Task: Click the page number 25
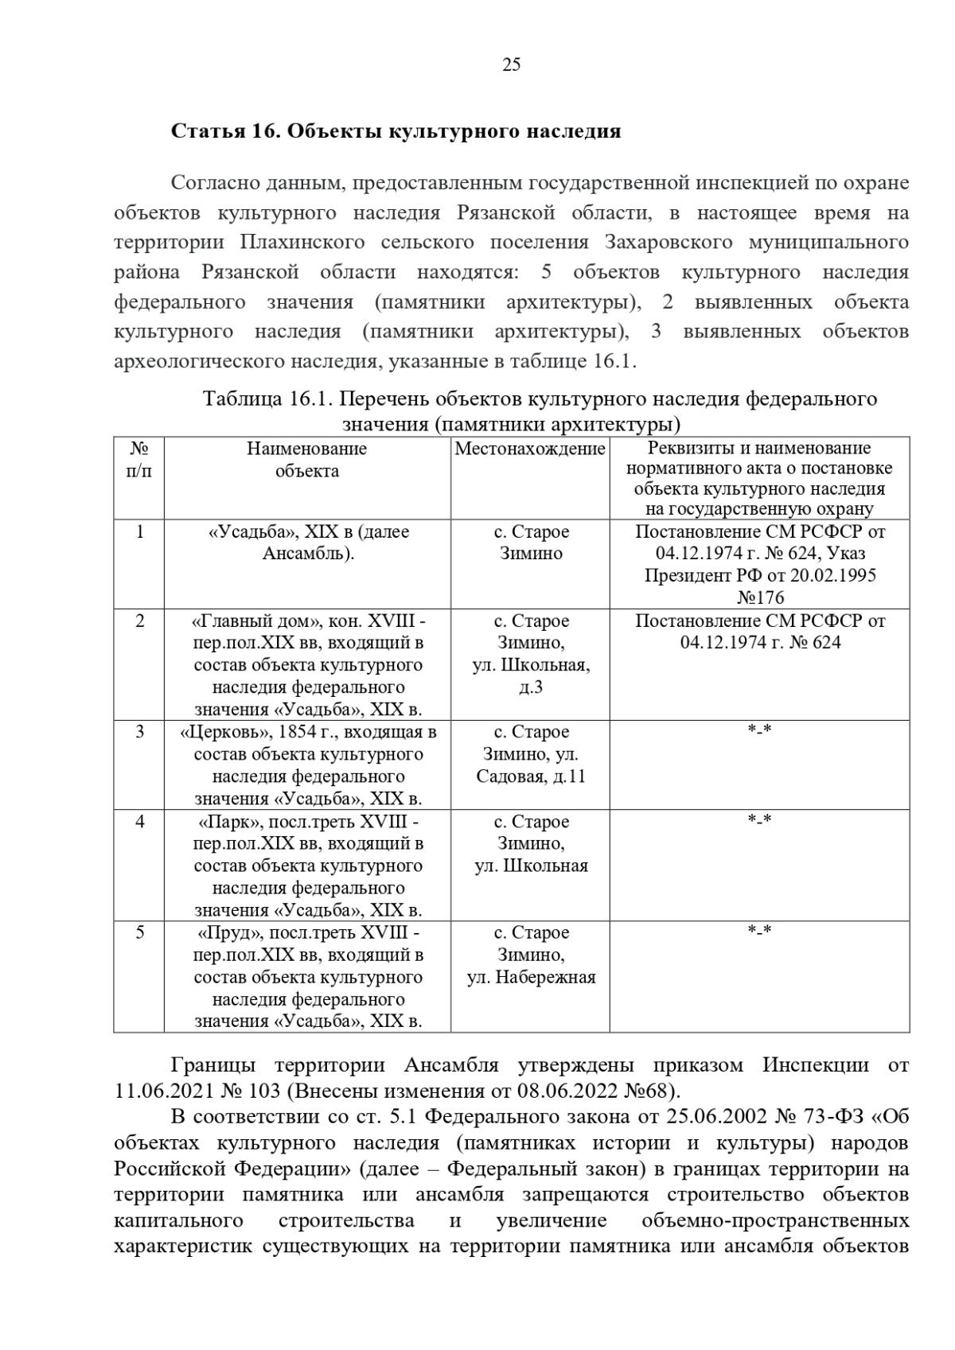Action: [511, 65]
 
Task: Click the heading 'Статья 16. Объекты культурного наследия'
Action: [396, 131]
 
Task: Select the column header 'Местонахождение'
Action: [530, 449]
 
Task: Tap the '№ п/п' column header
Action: [139, 460]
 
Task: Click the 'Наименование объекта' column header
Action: [307, 460]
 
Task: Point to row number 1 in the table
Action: [140, 531]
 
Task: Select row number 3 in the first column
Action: [140, 731]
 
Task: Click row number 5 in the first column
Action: [140, 932]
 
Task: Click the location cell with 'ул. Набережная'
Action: [531, 977]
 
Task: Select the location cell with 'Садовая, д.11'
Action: [531, 776]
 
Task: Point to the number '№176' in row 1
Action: [760, 597]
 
